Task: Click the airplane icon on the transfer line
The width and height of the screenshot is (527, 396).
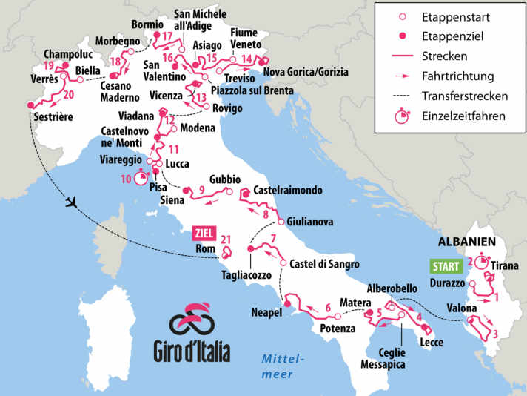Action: point(71,202)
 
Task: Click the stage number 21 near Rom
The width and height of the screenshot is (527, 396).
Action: point(226,240)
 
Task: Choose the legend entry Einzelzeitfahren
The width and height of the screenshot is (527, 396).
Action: point(464,116)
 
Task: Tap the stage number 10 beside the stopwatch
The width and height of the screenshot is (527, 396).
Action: point(124,179)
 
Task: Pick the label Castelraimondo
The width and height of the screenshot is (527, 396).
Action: point(288,191)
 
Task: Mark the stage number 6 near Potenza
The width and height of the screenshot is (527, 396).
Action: point(327,308)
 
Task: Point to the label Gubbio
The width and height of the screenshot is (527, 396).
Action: point(225,179)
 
